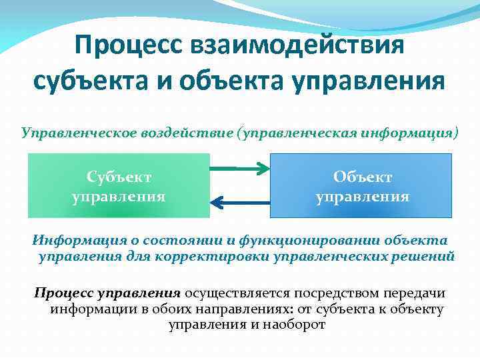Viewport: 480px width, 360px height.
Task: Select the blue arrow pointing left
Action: [x=240, y=201]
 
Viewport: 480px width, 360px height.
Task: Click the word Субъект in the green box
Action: [x=119, y=177]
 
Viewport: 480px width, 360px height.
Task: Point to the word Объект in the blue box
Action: [x=362, y=177]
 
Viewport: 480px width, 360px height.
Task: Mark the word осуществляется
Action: [x=237, y=293]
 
